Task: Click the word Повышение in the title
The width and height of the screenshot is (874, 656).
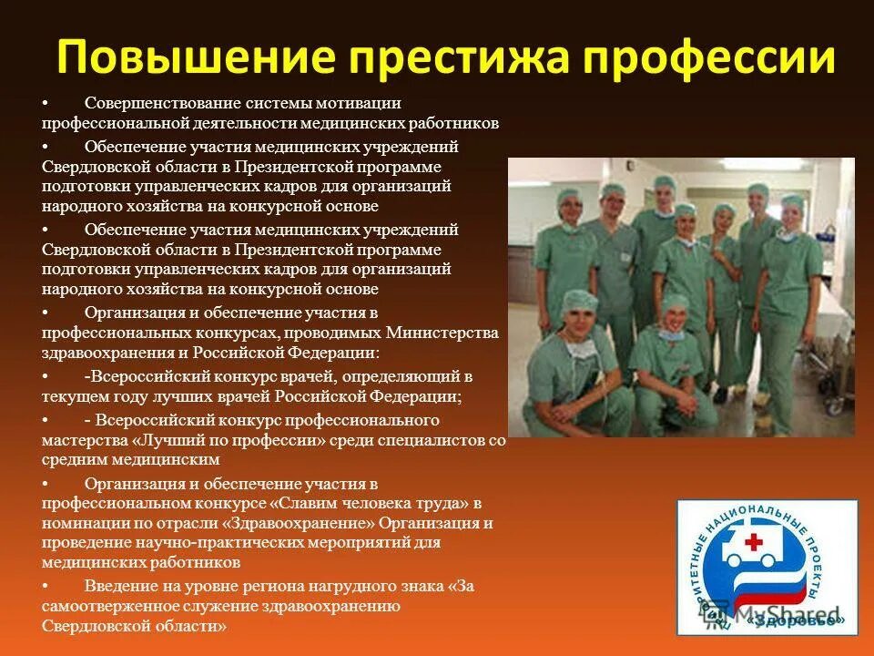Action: [180, 57]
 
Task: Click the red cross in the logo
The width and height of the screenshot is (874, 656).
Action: [755, 543]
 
